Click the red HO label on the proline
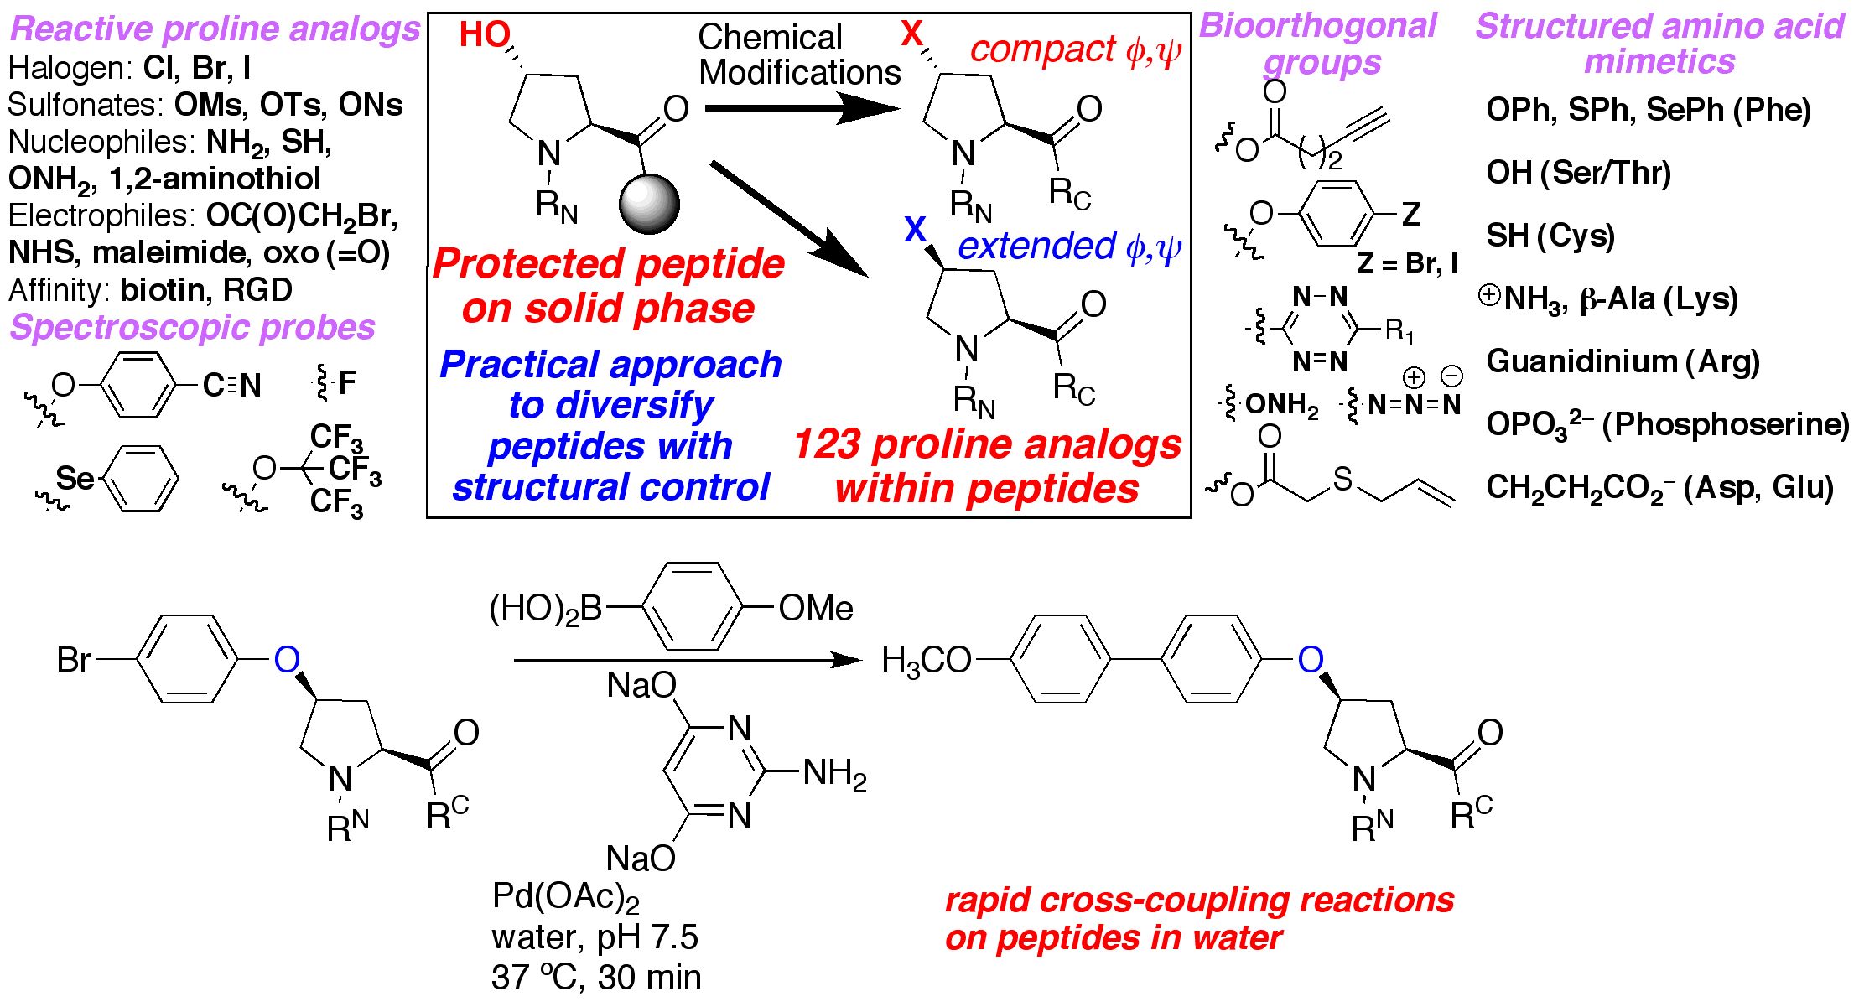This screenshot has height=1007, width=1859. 485,35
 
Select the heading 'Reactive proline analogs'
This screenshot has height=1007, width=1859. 215,29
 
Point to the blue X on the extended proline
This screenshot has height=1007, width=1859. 916,229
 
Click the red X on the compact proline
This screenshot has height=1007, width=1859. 911,34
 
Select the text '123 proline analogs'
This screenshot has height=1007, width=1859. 987,444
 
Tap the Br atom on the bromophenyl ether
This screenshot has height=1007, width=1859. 73,661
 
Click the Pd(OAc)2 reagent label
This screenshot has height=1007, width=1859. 565,897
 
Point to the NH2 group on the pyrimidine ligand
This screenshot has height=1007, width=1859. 833,773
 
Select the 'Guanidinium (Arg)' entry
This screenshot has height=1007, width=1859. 1623,361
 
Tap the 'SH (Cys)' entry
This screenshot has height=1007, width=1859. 1550,236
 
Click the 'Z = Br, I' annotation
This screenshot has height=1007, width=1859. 1407,263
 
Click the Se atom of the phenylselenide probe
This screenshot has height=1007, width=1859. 75,479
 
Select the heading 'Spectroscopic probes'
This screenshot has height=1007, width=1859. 192,327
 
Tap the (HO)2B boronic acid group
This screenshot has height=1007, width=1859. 546,609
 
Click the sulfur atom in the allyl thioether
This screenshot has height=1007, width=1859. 1342,479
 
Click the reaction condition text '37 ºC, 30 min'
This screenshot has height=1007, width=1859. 596,978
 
